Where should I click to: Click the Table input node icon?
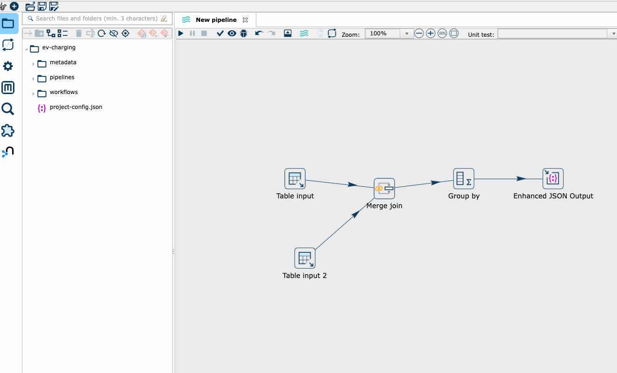295,179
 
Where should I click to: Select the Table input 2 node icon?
305,258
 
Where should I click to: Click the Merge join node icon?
384,189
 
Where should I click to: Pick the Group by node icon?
463,179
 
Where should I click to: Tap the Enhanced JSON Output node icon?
553,179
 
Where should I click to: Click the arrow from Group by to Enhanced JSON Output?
508,179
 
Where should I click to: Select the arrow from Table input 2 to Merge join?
344,224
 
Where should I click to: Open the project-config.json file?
76,107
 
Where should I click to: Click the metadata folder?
63,62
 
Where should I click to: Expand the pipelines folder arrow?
33,79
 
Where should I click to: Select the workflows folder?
64,92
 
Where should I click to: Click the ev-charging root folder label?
59,47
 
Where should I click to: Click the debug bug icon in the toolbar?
243,34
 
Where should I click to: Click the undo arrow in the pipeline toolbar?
259,34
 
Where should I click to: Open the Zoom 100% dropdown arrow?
407,34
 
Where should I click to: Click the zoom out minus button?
419,34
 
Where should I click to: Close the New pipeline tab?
245,20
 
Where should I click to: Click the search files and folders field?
97,19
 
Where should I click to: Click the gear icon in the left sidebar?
8,66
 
